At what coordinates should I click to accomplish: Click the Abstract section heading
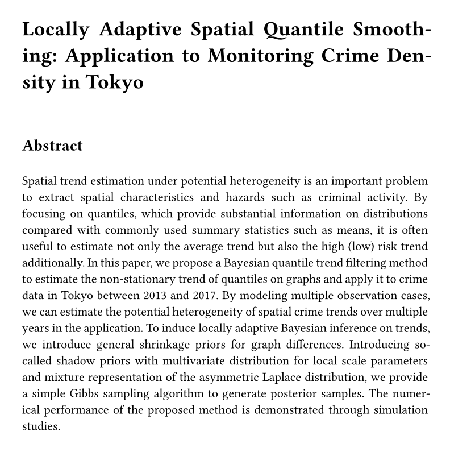coord(52,146)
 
